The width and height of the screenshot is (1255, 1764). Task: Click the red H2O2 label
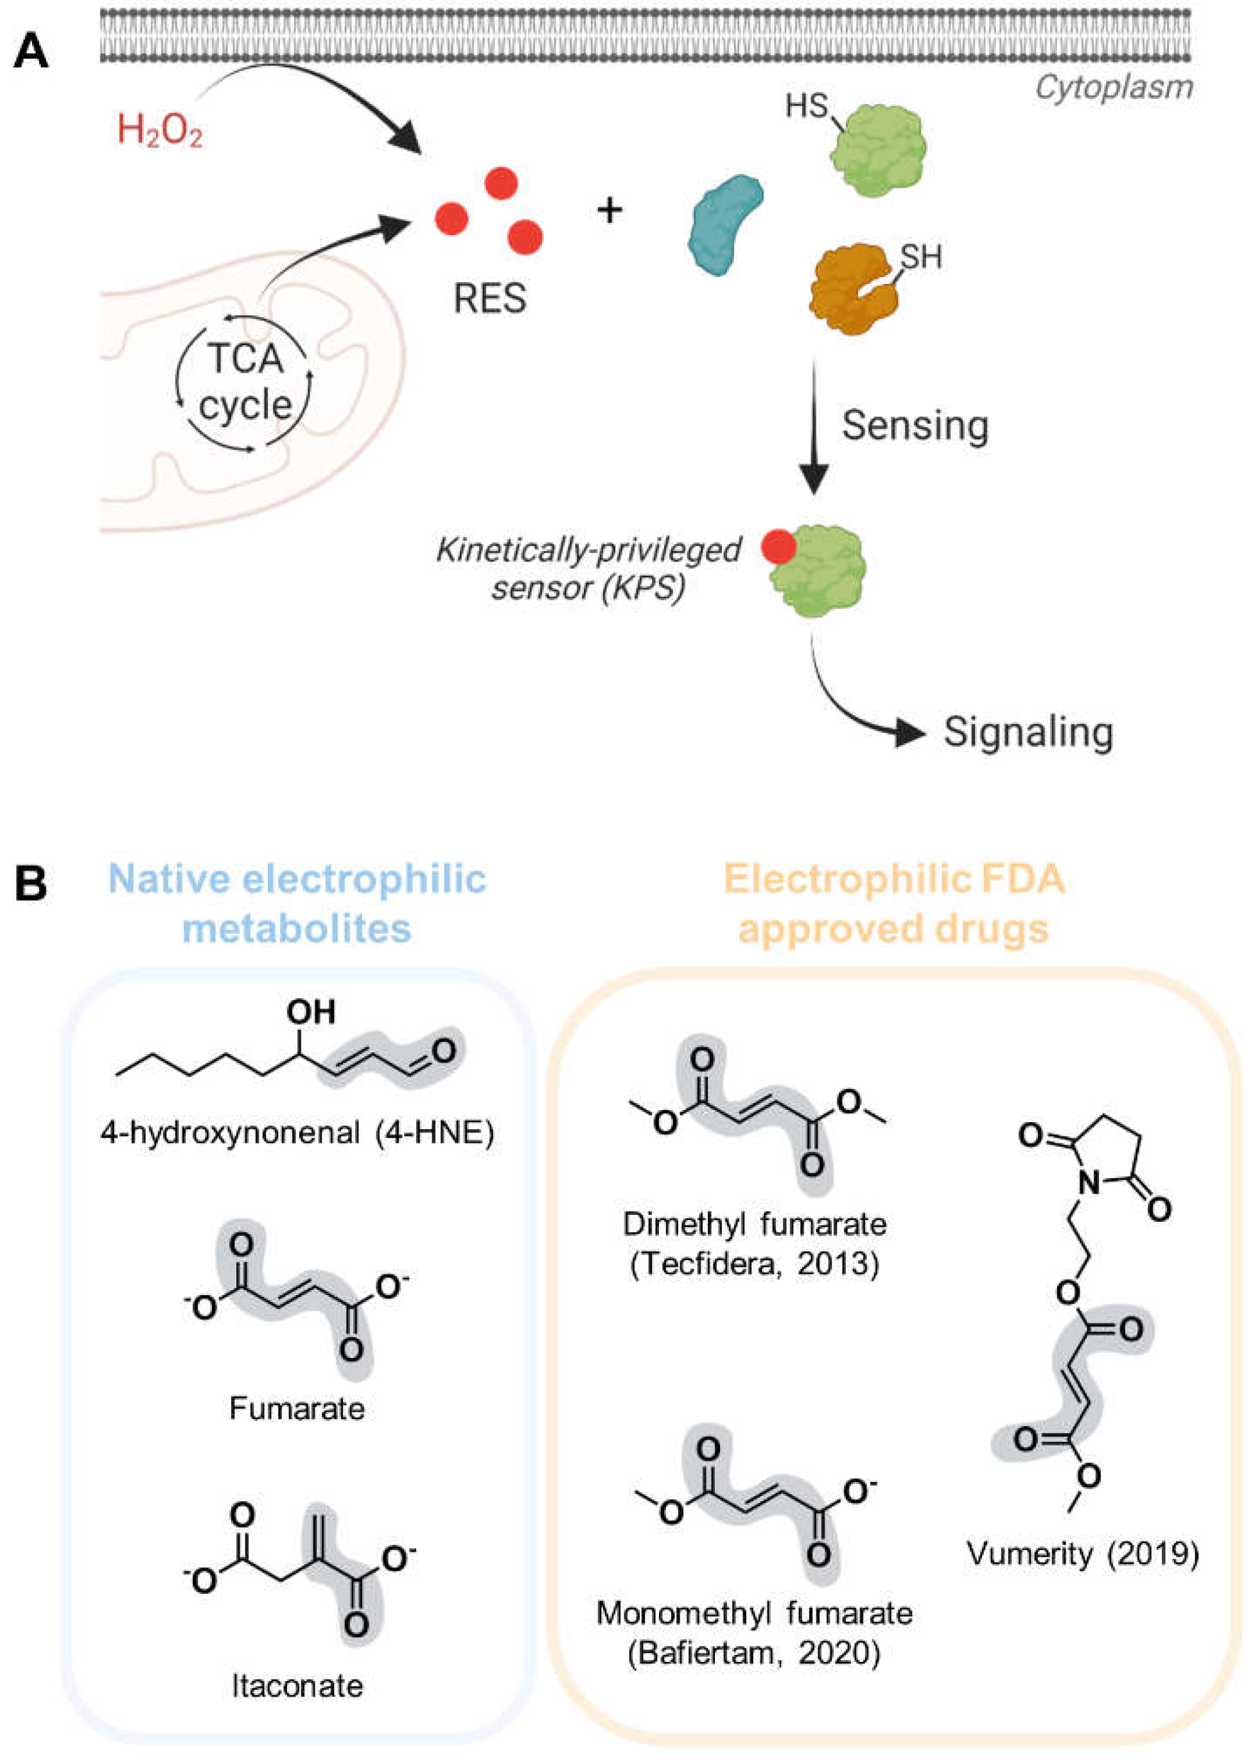159,130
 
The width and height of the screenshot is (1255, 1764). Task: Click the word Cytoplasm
1114,87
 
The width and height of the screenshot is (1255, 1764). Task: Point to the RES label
490,298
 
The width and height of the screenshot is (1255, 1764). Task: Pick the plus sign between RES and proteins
610,209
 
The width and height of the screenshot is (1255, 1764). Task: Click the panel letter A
31,52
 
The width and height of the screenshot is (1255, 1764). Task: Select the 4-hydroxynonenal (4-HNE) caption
297,1133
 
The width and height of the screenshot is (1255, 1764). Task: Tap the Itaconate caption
297,1686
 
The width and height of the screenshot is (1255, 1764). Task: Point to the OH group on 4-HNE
311,1011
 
